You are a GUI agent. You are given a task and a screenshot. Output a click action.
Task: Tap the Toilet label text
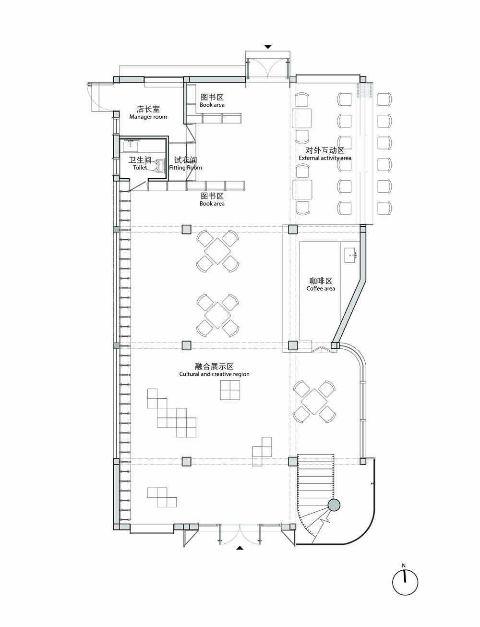[x=140, y=168]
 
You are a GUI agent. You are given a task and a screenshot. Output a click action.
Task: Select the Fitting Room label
[x=185, y=168]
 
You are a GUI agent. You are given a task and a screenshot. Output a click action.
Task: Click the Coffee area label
[x=321, y=288]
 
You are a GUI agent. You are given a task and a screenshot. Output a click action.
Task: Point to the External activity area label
[x=324, y=158]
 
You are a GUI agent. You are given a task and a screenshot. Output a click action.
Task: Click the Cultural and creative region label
[x=214, y=374]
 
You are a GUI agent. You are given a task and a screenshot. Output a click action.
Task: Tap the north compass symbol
[x=405, y=583]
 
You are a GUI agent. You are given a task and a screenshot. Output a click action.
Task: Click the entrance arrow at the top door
[x=268, y=47]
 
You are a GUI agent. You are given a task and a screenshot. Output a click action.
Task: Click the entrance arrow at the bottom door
[x=240, y=547]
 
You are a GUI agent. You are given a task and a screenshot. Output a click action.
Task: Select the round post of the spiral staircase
[x=334, y=505]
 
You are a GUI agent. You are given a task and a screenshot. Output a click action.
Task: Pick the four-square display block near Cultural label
[x=230, y=390]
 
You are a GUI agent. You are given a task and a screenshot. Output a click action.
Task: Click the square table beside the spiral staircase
[x=314, y=402]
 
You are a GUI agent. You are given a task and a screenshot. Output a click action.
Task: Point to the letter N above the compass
[x=404, y=566]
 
